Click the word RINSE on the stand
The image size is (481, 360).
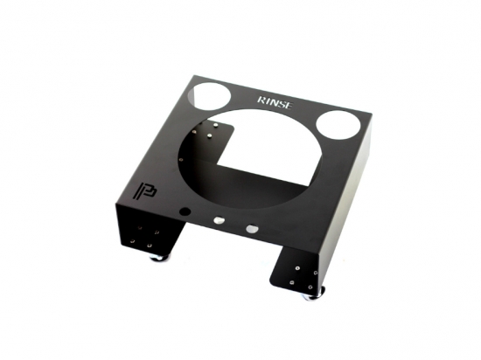[x=275, y=102]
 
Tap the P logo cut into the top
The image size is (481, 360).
[x=145, y=190]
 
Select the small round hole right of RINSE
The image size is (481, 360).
[x=338, y=125]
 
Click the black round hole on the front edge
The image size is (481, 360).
[x=185, y=211]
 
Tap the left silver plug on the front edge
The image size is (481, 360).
[x=219, y=219]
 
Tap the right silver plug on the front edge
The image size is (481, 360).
[x=252, y=228]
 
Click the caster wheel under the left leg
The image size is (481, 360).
[x=159, y=258]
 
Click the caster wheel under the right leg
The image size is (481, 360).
[x=316, y=294]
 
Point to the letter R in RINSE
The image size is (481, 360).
[x=261, y=100]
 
